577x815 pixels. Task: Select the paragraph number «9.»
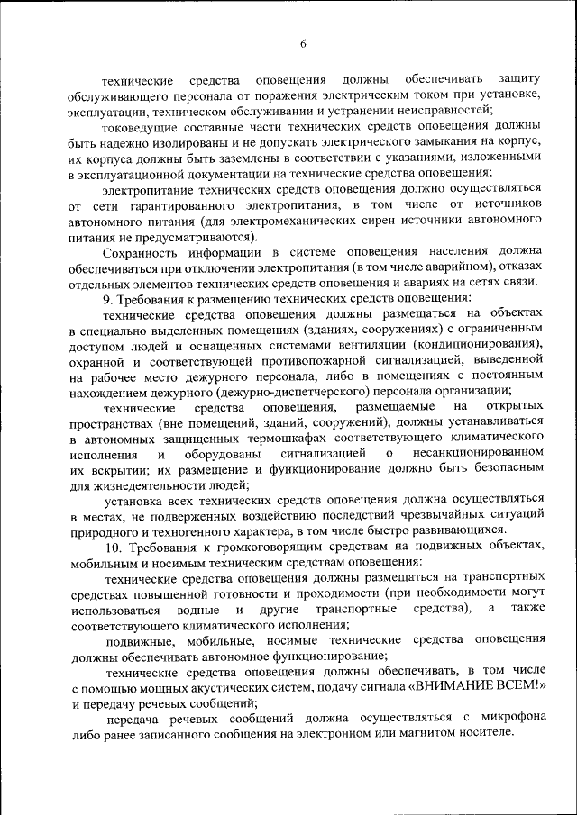pos(109,297)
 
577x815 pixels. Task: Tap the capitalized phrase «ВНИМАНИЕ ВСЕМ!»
pos(478,687)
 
